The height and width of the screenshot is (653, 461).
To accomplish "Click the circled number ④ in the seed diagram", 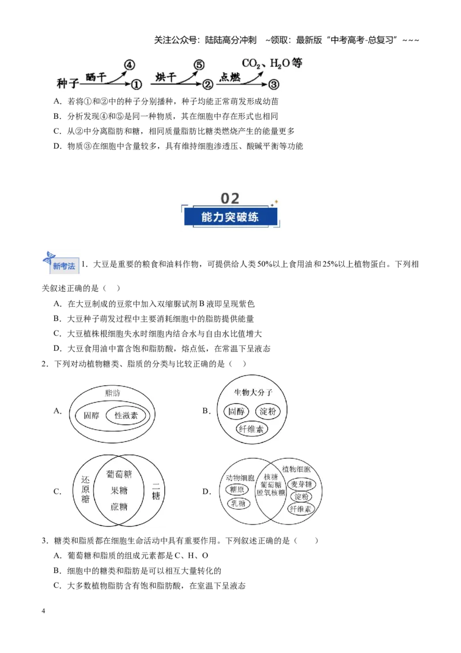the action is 130,65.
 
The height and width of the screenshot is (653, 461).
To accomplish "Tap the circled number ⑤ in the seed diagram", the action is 199,65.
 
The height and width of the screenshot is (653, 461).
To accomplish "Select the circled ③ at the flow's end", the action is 273,85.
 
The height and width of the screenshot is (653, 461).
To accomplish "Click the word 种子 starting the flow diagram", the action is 67,84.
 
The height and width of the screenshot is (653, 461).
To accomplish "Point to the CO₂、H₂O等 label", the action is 272,63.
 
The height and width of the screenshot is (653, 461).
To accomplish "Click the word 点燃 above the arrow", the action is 230,77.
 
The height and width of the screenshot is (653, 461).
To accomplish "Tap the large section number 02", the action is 230,198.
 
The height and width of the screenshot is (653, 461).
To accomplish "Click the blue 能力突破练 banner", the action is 230,217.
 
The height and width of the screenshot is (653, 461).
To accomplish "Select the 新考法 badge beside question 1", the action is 61,263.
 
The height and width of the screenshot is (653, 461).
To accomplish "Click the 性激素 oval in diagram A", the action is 126,415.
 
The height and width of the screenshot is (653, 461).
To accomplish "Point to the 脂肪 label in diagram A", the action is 112,393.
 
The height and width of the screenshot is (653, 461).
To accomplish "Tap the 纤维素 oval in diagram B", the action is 251,429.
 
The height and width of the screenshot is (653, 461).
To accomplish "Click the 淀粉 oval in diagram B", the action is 267,411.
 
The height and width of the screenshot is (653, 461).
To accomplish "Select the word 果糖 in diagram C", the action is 119,490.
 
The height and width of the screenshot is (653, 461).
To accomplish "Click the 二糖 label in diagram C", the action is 156,490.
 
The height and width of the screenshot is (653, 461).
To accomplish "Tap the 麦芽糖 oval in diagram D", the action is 301,485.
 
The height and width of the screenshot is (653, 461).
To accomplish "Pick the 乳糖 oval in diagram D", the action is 239,504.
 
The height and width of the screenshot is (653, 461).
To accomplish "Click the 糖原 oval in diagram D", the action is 237,490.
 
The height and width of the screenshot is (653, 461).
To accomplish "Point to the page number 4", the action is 43,611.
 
